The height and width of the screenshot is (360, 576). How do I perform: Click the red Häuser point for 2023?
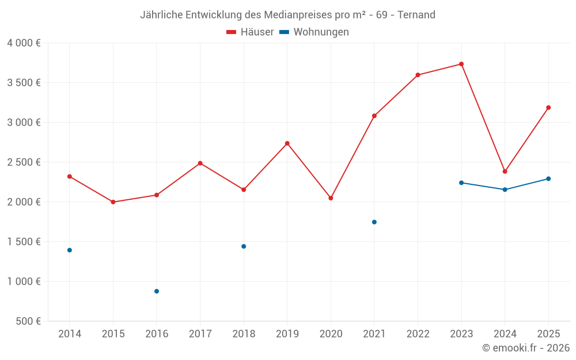click(x=461, y=64)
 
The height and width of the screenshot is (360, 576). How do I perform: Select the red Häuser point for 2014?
click(x=70, y=176)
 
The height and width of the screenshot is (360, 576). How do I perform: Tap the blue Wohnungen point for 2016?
click(x=157, y=291)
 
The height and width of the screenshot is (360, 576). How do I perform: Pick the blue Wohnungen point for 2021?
click(x=374, y=222)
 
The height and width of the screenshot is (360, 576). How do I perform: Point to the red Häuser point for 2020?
click(x=331, y=198)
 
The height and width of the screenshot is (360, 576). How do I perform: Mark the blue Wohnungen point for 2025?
click(x=548, y=179)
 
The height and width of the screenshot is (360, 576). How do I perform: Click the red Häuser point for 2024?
click(x=505, y=172)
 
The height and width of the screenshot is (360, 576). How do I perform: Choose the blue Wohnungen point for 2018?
click(x=244, y=247)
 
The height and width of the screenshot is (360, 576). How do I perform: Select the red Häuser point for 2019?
click(x=287, y=143)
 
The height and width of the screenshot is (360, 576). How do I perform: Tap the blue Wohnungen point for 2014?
click(x=70, y=250)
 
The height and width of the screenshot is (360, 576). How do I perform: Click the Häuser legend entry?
click(x=250, y=32)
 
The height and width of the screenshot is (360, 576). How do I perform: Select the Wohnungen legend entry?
click(x=314, y=32)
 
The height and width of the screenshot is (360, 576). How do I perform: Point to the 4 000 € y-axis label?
click(x=24, y=43)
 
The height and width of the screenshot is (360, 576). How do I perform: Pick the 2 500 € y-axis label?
click(x=24, y=162)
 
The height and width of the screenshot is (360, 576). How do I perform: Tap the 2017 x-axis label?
click(x=200, y=334)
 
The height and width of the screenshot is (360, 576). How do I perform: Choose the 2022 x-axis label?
click(x=418, y=334)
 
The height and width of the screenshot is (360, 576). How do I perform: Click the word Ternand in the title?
click(x=416, y=14)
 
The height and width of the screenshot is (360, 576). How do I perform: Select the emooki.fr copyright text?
click(x=526, y=348)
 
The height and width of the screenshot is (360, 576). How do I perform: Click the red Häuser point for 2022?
click(x=418, y=75)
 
